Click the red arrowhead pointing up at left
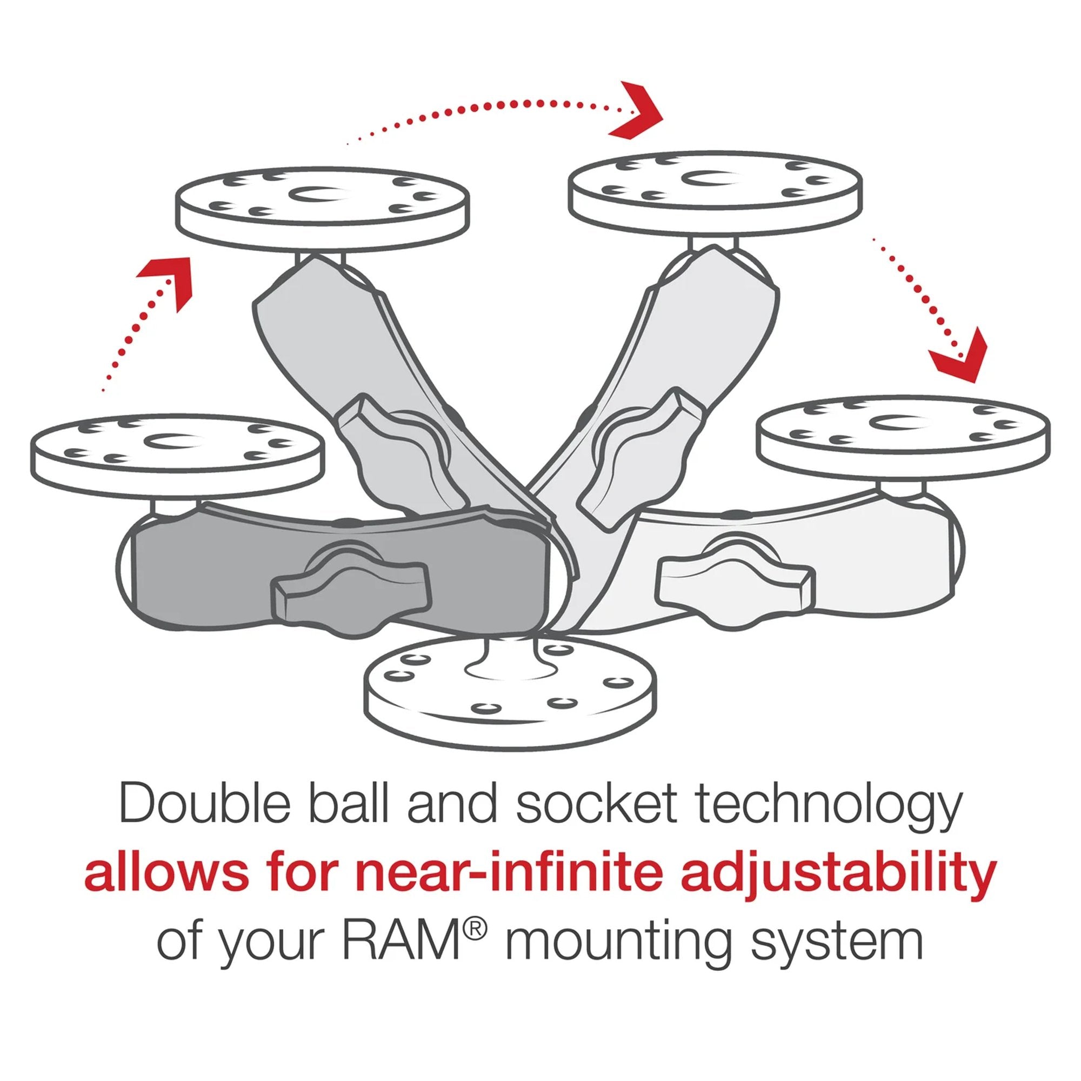click(x=169, y=278)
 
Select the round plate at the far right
click(x=903, y=434)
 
